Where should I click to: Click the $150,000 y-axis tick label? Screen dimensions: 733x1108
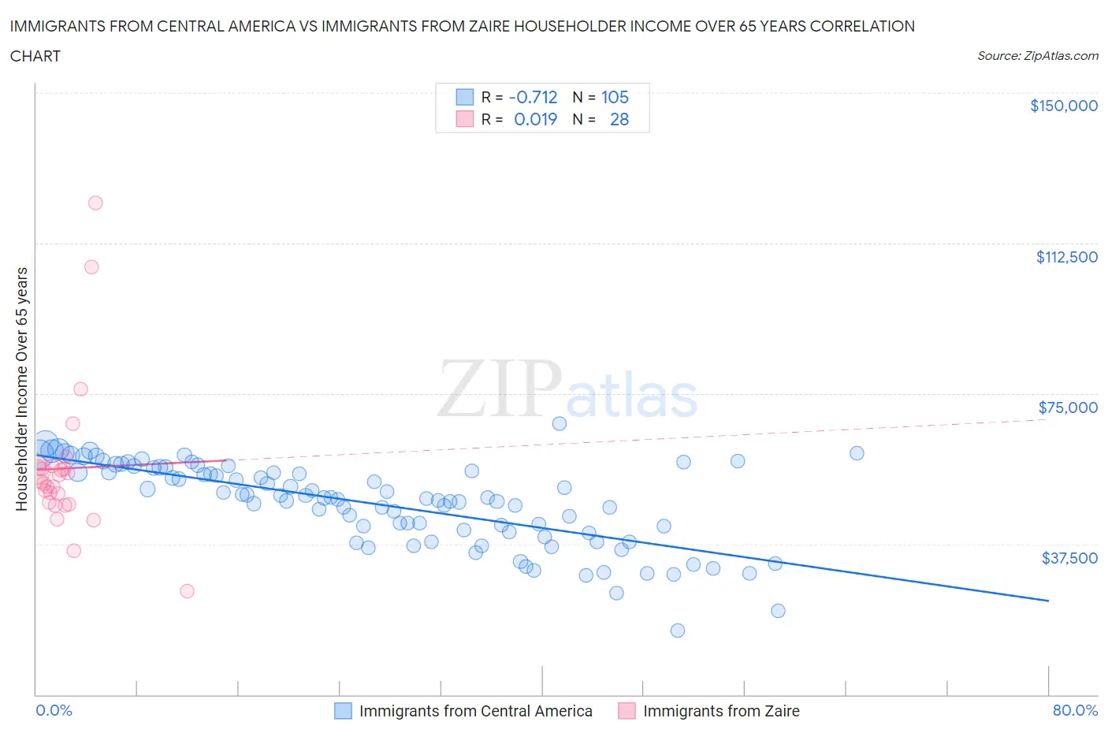point(1063,106)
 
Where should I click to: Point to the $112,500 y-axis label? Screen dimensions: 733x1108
point(1066,257)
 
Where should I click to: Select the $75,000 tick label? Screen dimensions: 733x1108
point(1067,407)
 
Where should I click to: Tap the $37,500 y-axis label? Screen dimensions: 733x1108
point(1069,558)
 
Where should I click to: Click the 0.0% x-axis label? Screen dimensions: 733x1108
point(54,710)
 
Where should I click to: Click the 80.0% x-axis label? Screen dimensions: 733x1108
point(1075,710)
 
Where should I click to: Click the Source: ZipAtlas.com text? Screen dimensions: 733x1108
point(1037,56)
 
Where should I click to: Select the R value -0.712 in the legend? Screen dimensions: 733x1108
point(533,97)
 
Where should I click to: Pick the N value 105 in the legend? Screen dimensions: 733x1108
point(615,97)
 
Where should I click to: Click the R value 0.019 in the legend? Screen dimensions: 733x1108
point(535,119)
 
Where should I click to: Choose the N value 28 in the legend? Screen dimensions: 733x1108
point(619,119)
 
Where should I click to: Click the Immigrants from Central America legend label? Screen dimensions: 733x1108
point(475,711)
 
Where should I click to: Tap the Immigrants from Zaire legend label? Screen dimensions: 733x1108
point(720,711)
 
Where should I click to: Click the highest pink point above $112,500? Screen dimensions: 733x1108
point(95,203)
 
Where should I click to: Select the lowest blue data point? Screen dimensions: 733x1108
point(677,631)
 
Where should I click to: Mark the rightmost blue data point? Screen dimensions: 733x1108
point(857,453)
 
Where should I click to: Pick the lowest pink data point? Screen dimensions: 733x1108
point(187,591)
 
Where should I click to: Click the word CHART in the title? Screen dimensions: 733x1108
point(35,56)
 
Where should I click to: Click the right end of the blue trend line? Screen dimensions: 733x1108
point(1048,601)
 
